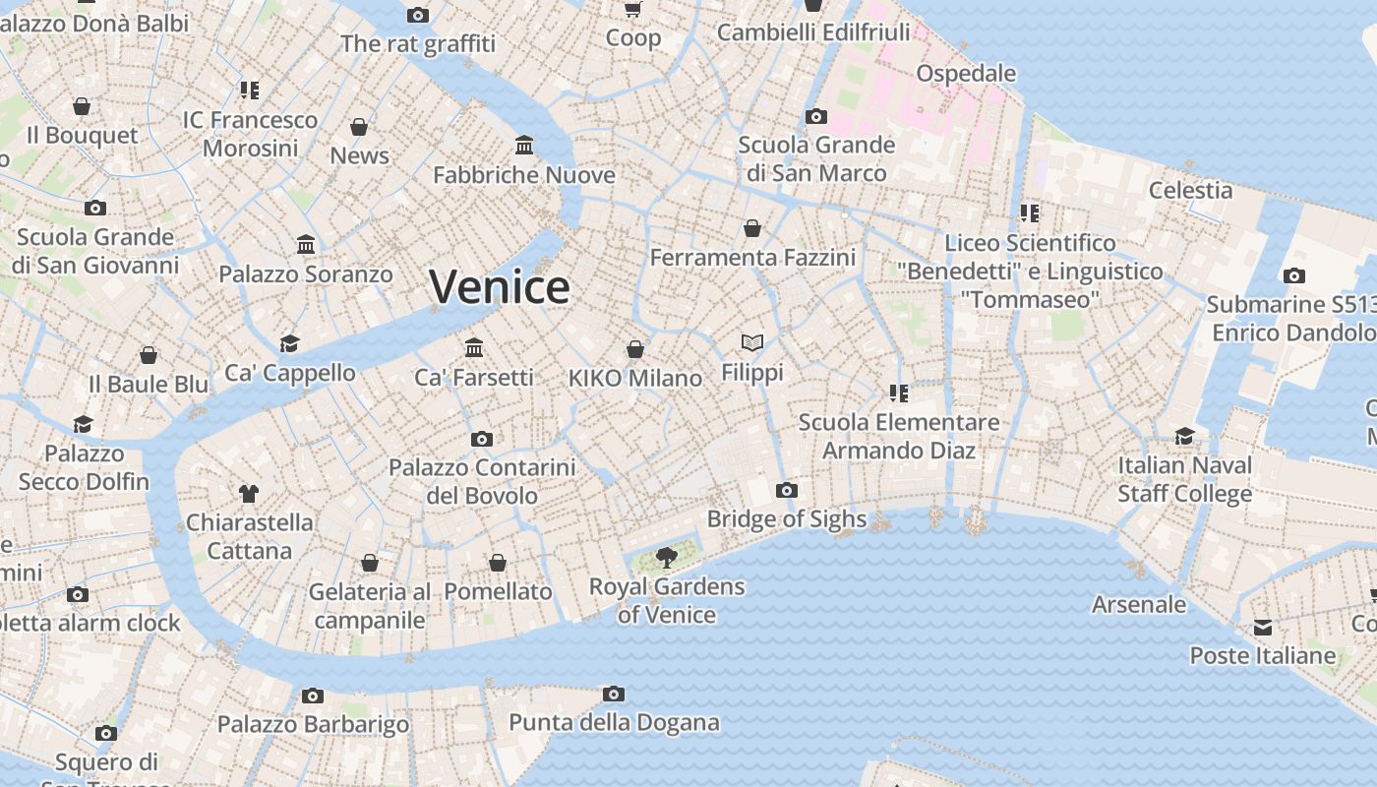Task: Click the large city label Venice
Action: pos(500,286)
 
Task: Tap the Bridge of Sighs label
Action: pos(787,519)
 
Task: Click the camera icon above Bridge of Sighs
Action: pos(787,490)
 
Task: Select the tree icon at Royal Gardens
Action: pos(667,558)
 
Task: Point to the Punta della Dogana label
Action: pos(614,723)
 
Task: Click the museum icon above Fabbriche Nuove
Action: pos(524,146)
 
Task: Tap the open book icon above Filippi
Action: pos(752,342)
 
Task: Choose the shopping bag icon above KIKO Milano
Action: pos(635,349)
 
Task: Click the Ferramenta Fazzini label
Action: pos(752,258)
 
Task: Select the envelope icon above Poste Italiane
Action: pos(1263,627)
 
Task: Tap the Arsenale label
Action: pos(1139,604)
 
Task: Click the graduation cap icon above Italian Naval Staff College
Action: pos(1185,436)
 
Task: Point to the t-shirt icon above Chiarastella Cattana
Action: pos(249,493)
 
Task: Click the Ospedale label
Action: pos(966,73)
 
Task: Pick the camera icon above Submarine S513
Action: pos(1294,275)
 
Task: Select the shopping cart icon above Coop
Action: pos(633,10)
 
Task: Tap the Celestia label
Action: pos(1190,190)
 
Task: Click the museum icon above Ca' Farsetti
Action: pos(474,347)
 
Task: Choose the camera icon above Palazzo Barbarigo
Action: pos(313,696)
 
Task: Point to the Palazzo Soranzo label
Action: pos(306,274)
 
